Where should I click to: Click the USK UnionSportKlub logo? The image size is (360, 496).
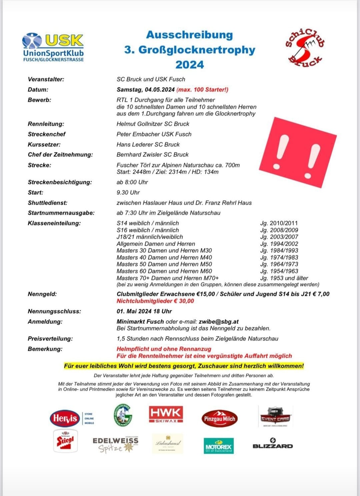(x=53, y=47)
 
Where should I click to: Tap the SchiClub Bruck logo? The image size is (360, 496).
(x=305, y=46)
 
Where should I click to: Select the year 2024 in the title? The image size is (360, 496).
(x=189, y=64)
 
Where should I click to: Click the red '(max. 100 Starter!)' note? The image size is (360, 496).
(x=202, y=90)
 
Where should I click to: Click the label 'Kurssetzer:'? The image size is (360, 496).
(x=44, y=145)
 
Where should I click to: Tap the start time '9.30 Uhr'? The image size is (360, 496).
(x=128, y=193)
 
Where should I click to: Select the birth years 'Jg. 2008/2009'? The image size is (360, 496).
(x=279, y=230)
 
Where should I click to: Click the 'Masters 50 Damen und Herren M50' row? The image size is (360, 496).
(x=164, y=264)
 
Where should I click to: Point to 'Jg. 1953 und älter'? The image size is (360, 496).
(x=284, y=278)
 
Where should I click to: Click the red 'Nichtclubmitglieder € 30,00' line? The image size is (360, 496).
(x=155, y=301)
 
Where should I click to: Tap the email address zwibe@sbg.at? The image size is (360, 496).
(x=218, y=322)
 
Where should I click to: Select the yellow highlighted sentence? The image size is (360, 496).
(x=184, y=366)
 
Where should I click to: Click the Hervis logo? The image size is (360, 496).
(x=65, y=418)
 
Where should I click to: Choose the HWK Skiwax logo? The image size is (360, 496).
(x=166, y=414)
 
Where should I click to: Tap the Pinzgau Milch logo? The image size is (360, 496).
(x=219, y=419)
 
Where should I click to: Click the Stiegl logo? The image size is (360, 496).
(x=65, y=441)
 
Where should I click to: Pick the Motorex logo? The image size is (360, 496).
(x=219, y=446)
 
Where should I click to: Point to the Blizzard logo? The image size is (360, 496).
(x=273, y=444)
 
